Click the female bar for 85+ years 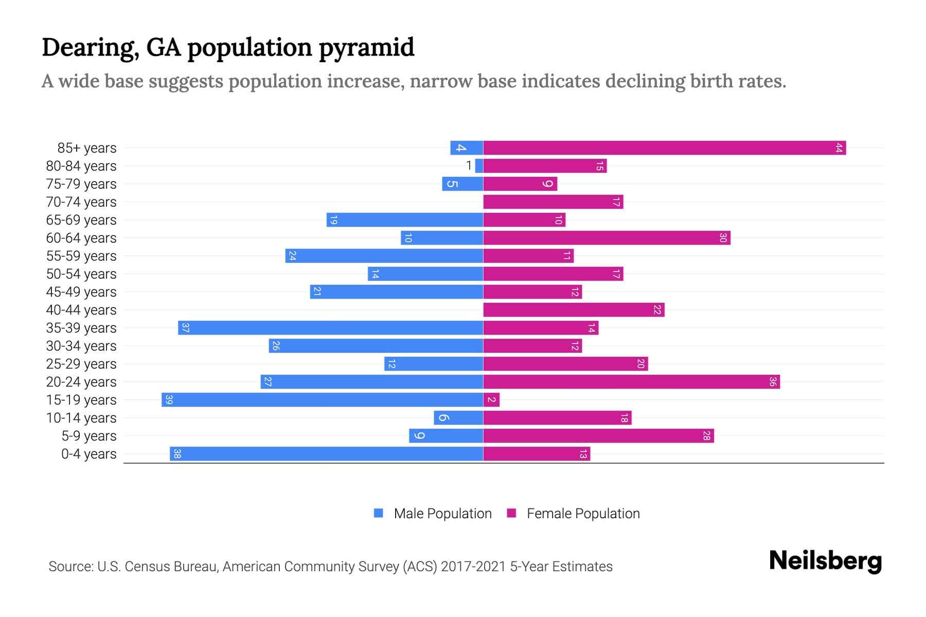point(664,148)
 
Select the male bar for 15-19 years point(322,400)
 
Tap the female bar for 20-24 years point(631,382)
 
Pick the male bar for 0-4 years point(326,454)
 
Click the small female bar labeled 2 point(491,400)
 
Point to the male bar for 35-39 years point(330,328)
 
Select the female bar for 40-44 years point(574,310)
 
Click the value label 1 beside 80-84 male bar point(469,166)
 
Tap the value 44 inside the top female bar point(839,148)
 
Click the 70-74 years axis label point(81,202)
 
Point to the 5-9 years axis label point(89,436)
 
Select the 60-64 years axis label point(81,238)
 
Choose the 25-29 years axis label point(81,364)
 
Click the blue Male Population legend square point(379,513)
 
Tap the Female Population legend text point(583,514)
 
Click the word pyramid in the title point(366,47)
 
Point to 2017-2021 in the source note point(473,567)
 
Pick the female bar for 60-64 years point(607,238)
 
